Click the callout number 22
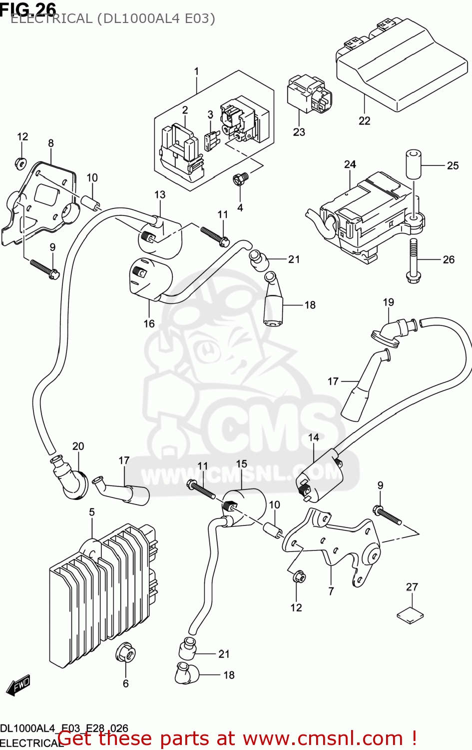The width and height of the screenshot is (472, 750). (365, 121)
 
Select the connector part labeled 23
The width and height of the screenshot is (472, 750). (304, 95)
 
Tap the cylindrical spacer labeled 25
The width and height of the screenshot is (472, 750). (412, 163)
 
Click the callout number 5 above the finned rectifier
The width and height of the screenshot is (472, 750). (92, 512)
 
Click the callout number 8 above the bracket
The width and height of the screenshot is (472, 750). (51, 143)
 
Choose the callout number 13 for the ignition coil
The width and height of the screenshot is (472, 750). (160, 194)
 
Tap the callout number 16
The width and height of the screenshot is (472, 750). (149, 324)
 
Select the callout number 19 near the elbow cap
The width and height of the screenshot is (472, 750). (388, 302)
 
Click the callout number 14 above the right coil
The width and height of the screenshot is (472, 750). (313, 437)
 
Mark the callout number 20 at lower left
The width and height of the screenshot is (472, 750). (78, 446)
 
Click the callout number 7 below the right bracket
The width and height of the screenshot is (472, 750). (331, 591)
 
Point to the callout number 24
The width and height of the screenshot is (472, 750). (350, 164)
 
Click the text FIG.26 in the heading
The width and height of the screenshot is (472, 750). (28, 8)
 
